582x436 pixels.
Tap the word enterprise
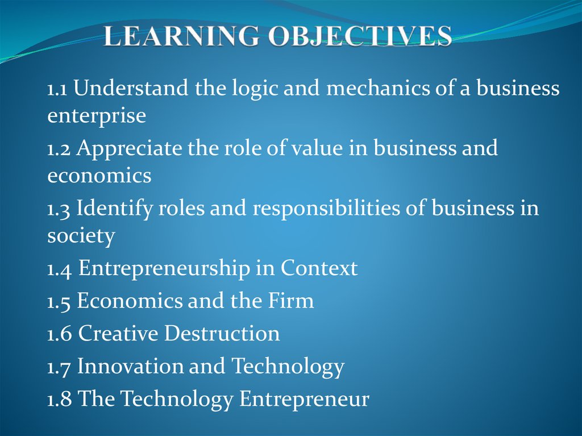[x=97, y=117]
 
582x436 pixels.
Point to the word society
[x=81, y=236]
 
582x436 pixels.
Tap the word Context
[x=319, y=268]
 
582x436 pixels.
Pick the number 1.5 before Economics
[x=59, y=301]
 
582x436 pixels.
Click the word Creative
[x=117, y=333]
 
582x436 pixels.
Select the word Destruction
[x=222, y=333]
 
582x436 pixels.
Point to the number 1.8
[x=59, y=398]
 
